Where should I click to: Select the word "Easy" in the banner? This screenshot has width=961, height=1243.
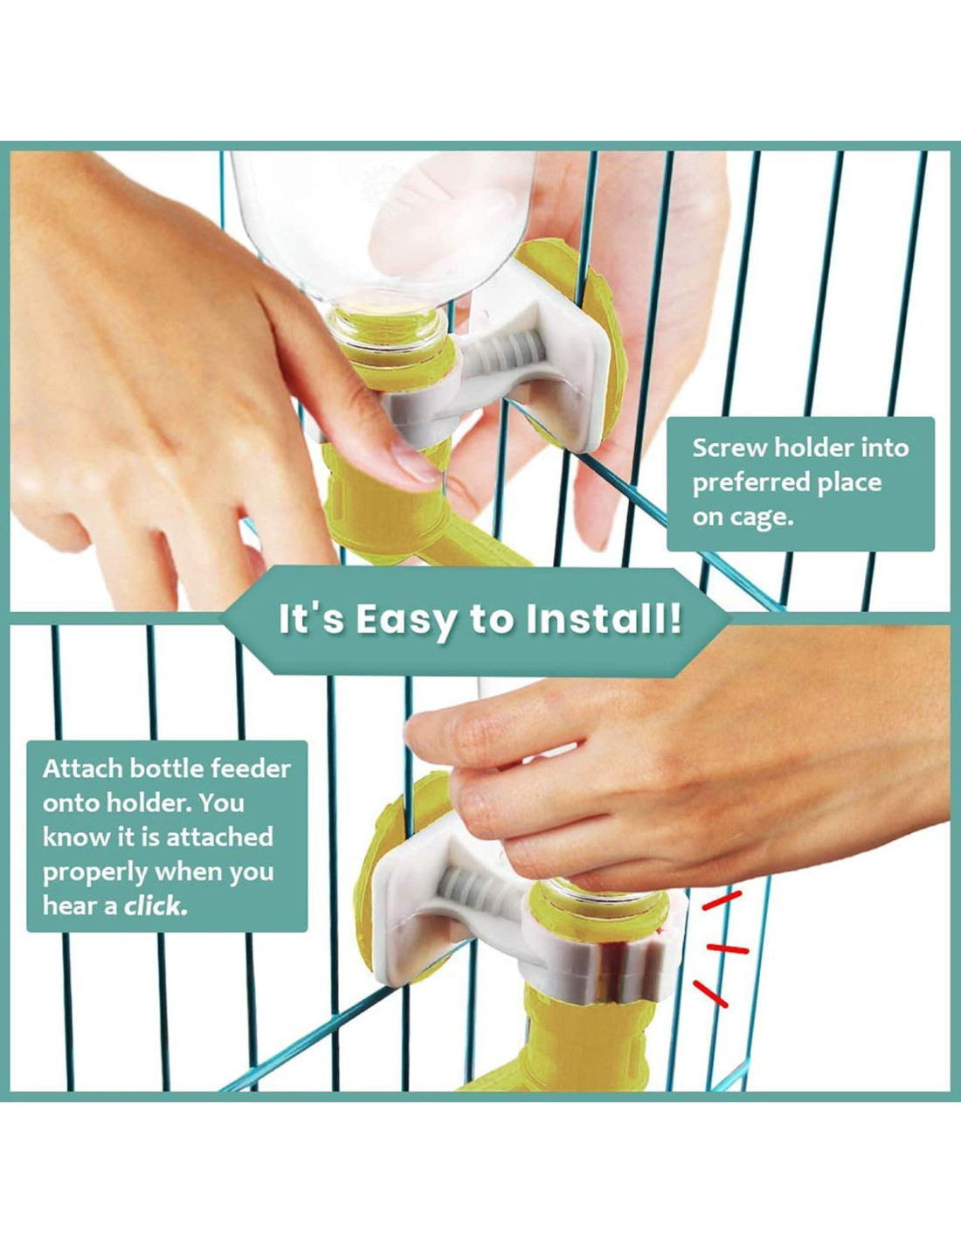point(404,621)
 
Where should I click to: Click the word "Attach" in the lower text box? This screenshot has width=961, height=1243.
point(82,769)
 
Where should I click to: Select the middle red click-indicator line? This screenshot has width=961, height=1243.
point(728,949)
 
